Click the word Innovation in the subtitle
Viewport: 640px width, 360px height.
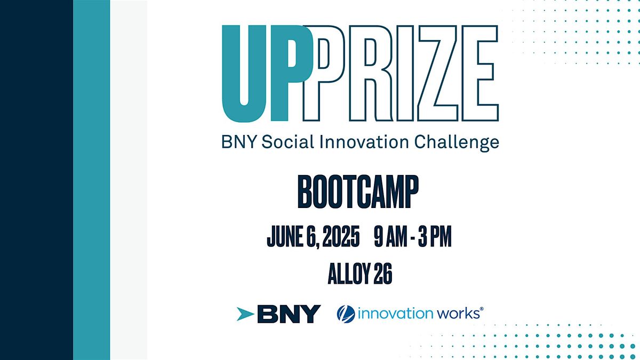[364, 142]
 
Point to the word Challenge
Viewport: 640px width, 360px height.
[457, 143]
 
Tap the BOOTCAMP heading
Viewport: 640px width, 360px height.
[358, 191]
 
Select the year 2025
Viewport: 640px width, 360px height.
[341, 236]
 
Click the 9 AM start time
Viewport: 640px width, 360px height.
[390, 236]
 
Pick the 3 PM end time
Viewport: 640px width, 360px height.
[435, 236]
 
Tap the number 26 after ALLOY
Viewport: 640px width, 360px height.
[383, 274]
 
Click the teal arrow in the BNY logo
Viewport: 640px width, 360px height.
[245, 314]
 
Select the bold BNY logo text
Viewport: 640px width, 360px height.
[289, 314]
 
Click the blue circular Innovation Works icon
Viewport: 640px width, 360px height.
[346, 314]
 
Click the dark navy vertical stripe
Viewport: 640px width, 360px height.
[37, 180]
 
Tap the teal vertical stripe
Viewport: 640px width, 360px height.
[91, 180]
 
